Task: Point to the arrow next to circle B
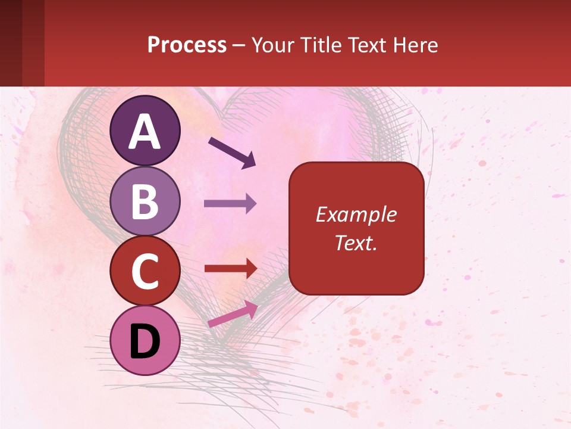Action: [230, 203]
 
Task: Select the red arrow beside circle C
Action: [230, 269]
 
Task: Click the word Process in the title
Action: [187, 45]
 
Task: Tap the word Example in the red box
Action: [356, 214]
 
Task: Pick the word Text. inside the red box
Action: [356, 243]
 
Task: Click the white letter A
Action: [145, 132]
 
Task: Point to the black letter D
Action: [145, 341]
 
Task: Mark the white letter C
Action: [145, 272]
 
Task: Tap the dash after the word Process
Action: [239, 46]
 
